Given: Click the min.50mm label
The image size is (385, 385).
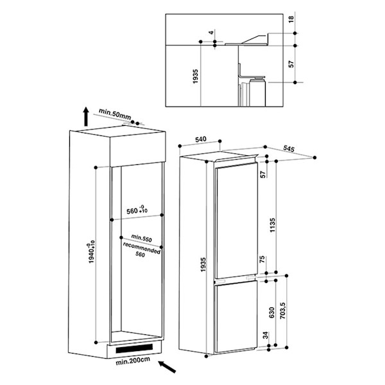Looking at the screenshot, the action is pos(115,114).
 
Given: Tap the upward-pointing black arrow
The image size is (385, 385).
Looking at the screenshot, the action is pos(86,117).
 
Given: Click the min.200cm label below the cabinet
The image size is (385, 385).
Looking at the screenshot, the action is pos(133,361).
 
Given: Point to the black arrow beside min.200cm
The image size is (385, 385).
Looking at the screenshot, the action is pos(167,367).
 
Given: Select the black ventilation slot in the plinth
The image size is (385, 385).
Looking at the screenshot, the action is pos(134,348).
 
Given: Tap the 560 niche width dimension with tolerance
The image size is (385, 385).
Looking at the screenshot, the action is pos(137,210).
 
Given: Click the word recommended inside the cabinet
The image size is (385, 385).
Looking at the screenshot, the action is pos(142,248).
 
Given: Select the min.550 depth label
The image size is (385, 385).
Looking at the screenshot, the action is pos(141,237).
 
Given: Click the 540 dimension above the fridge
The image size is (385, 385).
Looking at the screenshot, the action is pos(201,139).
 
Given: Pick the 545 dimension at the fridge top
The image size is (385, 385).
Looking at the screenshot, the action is pos(289,148).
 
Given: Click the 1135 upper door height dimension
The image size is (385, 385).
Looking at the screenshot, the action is pos(273,225).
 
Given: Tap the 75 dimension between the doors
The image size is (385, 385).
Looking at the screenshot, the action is pos(262,259).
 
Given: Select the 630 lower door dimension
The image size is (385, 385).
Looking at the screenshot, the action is pos(271,312).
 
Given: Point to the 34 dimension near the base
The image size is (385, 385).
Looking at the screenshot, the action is pos(265,335).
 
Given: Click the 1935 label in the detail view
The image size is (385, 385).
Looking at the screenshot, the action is pos(196,76).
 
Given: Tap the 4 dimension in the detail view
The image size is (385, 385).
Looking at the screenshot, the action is pos(211,33).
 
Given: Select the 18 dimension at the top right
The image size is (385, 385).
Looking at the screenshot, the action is pos(291,19).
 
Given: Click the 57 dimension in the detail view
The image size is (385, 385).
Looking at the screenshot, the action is pos(291,64).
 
